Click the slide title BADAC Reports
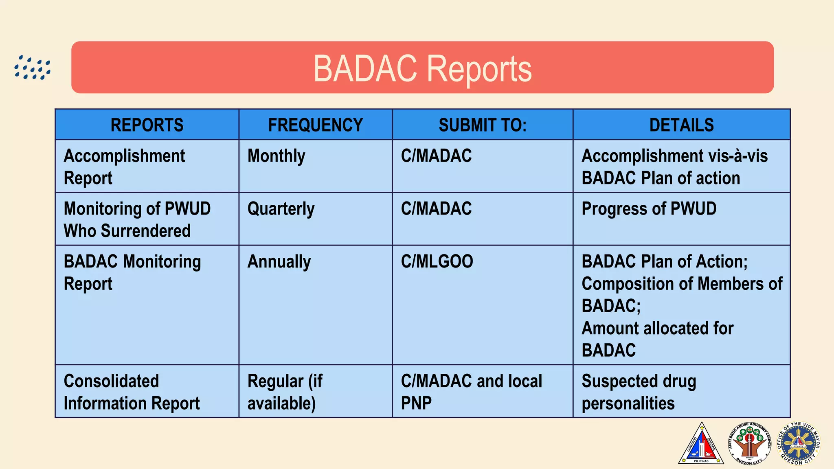422,68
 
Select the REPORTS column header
147,125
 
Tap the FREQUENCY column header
315,125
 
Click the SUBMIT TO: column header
482,125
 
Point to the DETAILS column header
681,125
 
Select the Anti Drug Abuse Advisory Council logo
750,444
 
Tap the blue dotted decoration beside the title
33,68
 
